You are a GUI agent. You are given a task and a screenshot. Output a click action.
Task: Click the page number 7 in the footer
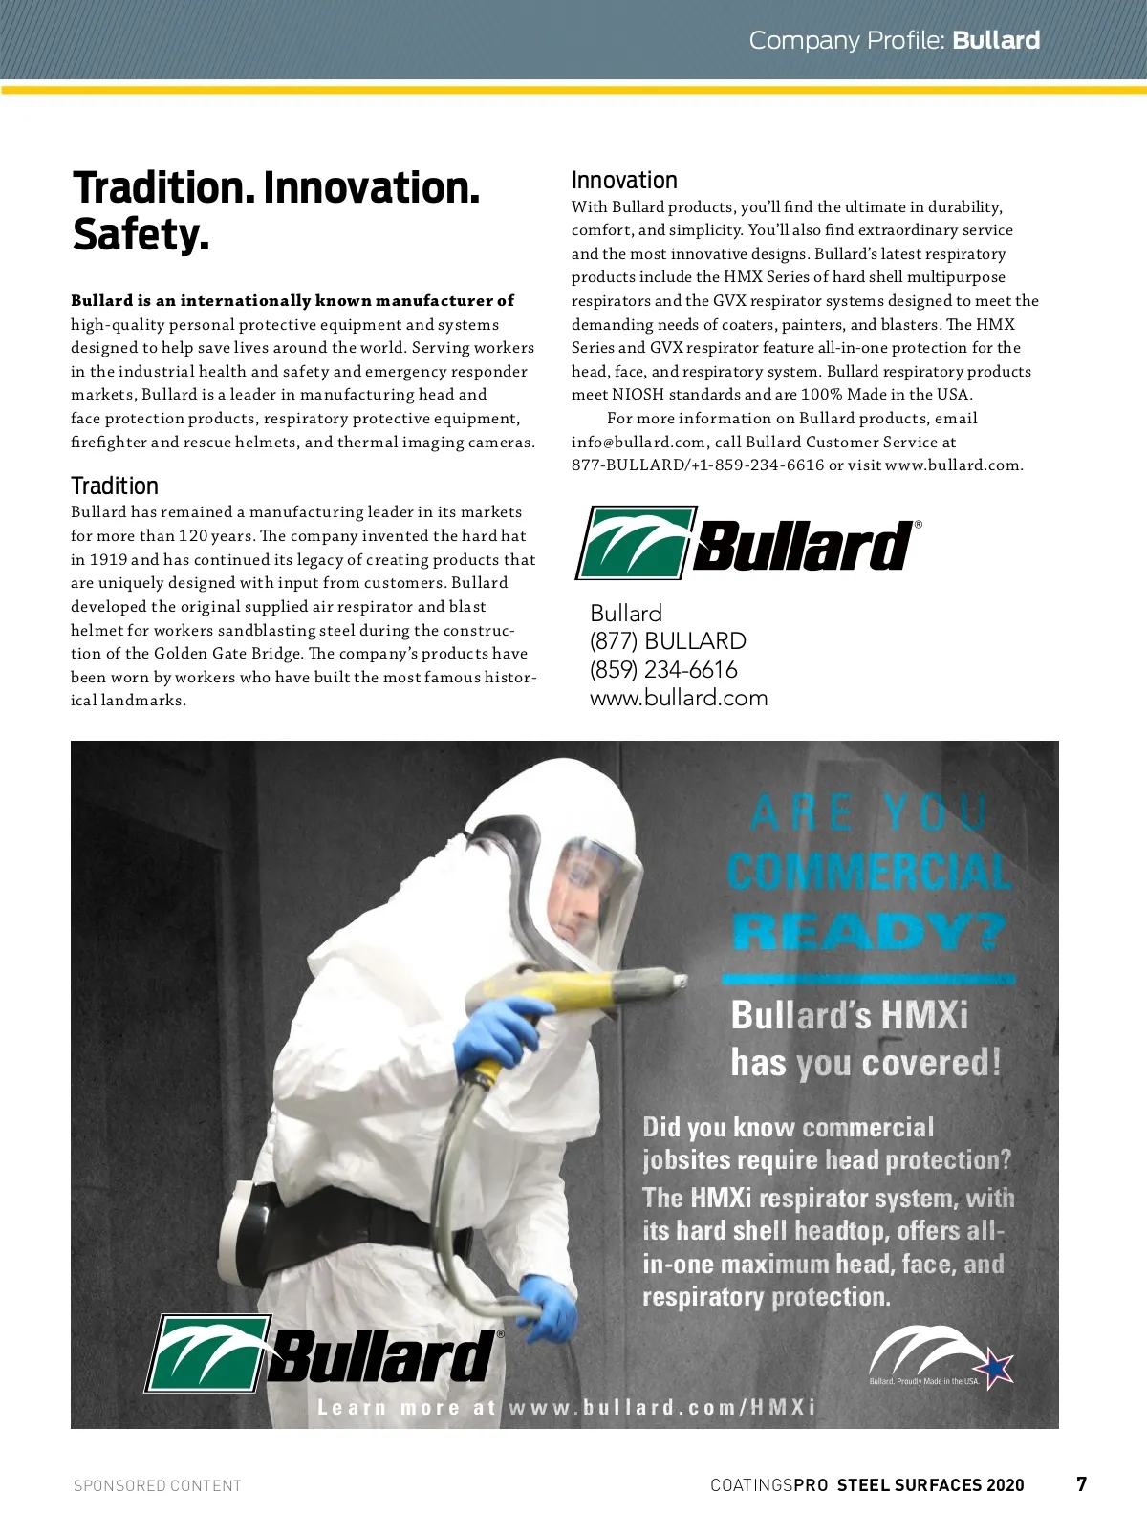(1081, 1483)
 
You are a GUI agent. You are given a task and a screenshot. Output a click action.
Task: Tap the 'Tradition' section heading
(115, 486)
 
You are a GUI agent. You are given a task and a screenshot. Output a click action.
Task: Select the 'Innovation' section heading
(624, 181)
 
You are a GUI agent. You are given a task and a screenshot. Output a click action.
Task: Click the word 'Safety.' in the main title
(141, 234)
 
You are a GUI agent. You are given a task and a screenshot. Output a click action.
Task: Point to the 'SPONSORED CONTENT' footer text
(158, 1485)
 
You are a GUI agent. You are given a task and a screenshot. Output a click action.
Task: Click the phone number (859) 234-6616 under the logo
(663, 669)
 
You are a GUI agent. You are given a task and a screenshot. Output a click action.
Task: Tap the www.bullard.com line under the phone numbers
(679, 698)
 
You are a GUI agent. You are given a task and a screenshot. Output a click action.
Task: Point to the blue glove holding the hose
(550, 1305)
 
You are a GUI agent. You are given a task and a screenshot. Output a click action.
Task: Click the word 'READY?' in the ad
(868, 932)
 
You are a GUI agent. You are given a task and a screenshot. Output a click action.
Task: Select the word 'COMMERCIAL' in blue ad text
(868, 872)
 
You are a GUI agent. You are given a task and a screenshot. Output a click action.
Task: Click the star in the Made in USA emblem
(997, 1370)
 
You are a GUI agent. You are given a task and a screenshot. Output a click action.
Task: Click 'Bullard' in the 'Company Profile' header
(996, 40)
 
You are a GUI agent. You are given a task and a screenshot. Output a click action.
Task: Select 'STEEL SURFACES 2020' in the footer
(930, 1485)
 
